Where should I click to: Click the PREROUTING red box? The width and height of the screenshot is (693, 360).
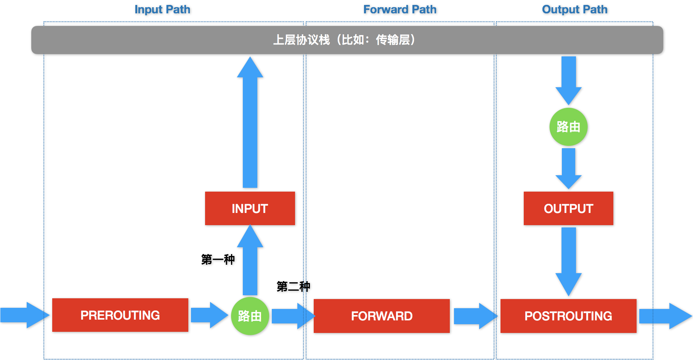[x=120, y=315]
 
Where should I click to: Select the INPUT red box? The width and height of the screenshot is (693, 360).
[x=250, y=208]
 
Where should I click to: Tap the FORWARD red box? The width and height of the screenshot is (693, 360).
[x=382, y=316]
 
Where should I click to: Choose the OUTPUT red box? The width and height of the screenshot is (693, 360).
[x=568, y=208]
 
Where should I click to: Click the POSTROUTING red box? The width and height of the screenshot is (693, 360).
[x=568, y=316]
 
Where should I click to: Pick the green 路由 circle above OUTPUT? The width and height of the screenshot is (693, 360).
[x=568, y=127]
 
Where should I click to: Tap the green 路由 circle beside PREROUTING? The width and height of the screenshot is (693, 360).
[x=250, y=316]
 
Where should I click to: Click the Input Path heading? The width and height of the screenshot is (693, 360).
[x=162, y=10]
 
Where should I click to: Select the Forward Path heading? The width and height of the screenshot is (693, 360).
[x=400, y=10]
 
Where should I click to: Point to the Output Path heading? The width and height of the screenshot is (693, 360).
[x=575, y=10]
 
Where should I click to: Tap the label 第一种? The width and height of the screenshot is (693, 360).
[x=218, y=259]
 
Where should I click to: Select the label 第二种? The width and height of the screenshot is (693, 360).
[x=293, y=286]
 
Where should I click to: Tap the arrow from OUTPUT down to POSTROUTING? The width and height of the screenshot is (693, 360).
[x=568, y=259]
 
